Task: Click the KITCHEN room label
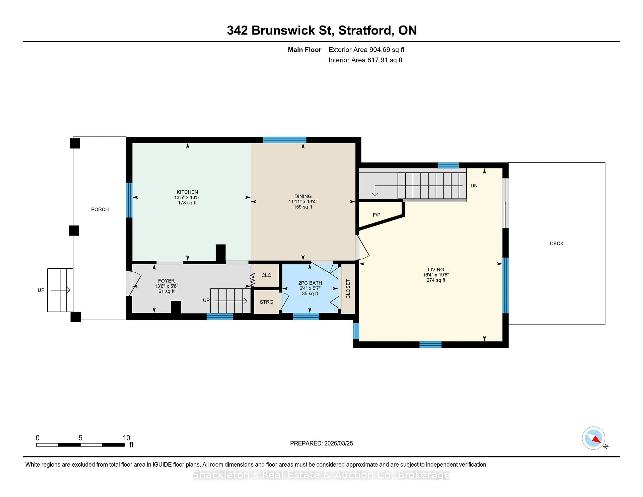(x=187, y=192)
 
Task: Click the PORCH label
(x=100, y=209)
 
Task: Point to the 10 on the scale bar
(x=126, y=438)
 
